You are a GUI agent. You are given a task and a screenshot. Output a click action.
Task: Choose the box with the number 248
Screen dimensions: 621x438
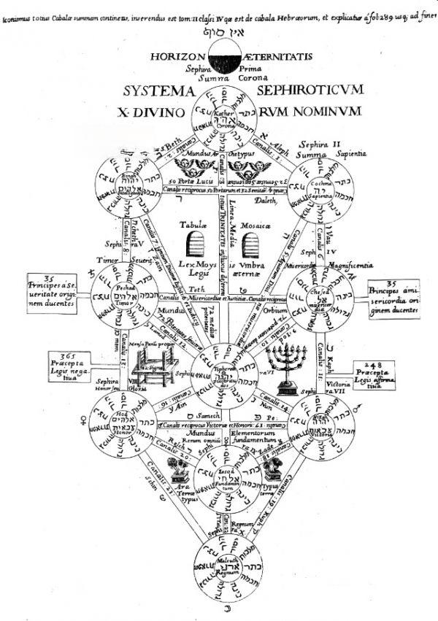tap(374, 374)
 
